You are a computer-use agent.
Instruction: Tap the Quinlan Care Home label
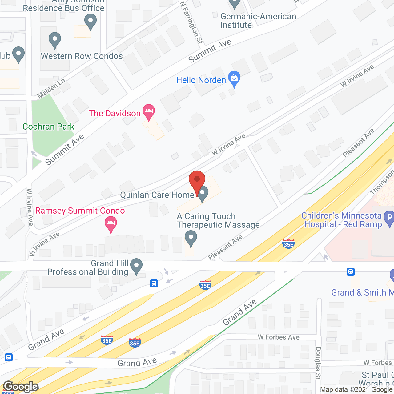pyautogui.click(x=157, y=195)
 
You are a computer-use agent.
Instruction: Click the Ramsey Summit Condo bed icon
pyautogui.click(x=111, y=224)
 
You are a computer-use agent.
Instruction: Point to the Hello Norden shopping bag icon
pyautogui.click(x=234, y=79)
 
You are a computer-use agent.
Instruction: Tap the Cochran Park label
pyautogui.click(x=48, y=127)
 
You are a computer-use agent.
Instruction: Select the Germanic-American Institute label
pyautogui.click(x=258, y=21)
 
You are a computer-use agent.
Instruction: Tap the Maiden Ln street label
pyautogui.click(x=51, y=89)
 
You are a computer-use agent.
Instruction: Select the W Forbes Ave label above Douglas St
pyautogui.click(x=279, y=337)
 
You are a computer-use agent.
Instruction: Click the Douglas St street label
pyautogui.click(x=318, y=363)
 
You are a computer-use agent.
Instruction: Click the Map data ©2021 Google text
pyautogui.click(x=356, y=390)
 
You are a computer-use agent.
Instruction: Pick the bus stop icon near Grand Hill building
pyautogui.click(x=154, y=283)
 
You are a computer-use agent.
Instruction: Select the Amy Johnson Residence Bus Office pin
pyautogui.click(x=90, y=22)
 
